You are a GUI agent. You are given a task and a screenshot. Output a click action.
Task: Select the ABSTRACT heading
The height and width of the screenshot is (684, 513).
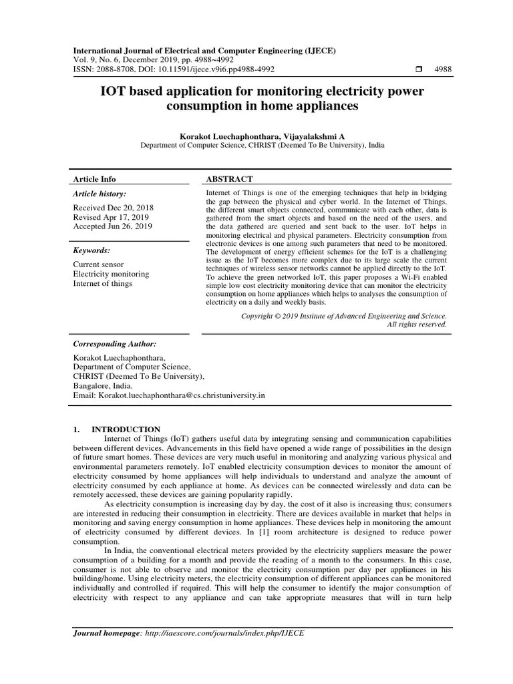[229, 179]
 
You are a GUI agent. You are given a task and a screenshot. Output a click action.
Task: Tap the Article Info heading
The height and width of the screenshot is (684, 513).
[94, 179]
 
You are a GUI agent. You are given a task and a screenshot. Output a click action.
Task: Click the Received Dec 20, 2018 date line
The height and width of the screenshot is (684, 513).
[112, 208]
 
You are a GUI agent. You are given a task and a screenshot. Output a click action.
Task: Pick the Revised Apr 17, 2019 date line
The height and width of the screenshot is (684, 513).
[111, 217]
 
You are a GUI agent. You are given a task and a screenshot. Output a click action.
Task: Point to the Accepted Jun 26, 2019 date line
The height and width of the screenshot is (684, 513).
[112, 226]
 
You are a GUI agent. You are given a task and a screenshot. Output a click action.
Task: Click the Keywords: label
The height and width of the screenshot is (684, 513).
[92, 250]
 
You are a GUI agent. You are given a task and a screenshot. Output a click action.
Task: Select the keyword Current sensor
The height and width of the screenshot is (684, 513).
[98, 265]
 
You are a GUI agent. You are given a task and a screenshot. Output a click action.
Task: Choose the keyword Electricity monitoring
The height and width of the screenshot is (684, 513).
[111, 274]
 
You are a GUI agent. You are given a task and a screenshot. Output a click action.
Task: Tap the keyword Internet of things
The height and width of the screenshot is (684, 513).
[103, 283]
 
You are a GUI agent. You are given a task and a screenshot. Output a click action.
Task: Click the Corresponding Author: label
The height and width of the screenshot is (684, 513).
[114, 343]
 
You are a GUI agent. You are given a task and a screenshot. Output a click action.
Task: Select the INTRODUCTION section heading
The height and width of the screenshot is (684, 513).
[126, 429]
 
